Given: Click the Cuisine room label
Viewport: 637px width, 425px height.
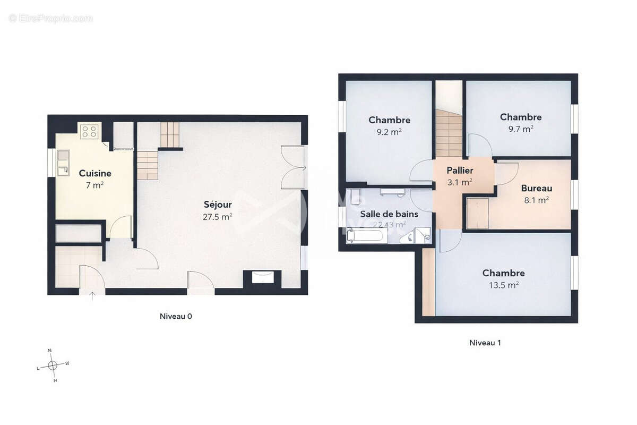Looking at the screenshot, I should click(x=95, y=173).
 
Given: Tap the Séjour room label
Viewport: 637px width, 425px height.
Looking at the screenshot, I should click(x=218, y=205).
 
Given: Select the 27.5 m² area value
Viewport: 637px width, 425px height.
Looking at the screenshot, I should click(x=218, y=217).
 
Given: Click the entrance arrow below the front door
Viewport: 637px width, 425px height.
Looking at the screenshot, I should click(x=92, y=296).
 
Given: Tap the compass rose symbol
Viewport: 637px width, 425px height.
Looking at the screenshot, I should click(x=53, y=365).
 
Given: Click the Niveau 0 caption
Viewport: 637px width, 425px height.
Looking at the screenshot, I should click(x=176, y=316).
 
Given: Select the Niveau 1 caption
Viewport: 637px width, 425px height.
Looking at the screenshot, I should click(x=485, y=343).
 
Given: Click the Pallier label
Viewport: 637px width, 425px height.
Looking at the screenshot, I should click(x=460, y=171).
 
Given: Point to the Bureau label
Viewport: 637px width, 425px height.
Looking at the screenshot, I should click(x=536, y=188).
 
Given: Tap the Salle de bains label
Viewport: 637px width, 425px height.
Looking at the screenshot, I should click(x=389, y=214).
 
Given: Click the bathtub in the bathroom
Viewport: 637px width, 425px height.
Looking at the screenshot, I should click(x=365, y=235).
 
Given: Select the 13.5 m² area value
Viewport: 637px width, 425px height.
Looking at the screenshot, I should click(x=503, y=285).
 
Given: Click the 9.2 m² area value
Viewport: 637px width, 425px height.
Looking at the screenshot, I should click(x=389, y=132).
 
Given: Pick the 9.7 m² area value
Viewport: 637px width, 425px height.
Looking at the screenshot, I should click(x=520, y=129).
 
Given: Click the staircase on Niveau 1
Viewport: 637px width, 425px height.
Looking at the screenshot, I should click(x=449, y=133).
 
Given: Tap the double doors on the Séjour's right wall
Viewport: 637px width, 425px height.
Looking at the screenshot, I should click(x=293, y=167).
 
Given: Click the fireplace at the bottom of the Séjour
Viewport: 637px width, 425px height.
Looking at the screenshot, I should click(x=262, y=277).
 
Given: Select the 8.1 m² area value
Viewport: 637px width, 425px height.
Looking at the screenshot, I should click(x=536, y=200).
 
